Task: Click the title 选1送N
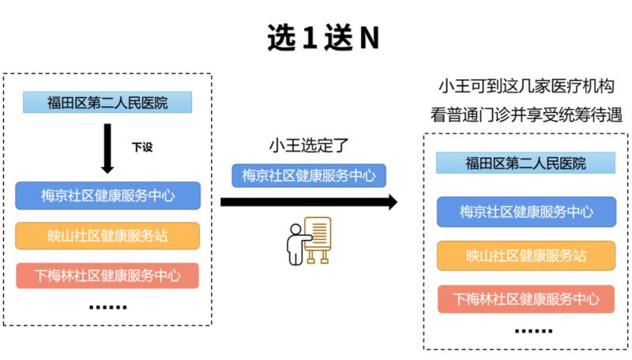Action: [x=323, y=37]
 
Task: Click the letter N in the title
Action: [x=369, y=38]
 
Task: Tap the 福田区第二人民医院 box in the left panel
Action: [x=107, y=103]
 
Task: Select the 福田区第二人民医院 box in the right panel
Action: [x=525, y=163]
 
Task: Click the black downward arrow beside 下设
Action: [x=107, y=148]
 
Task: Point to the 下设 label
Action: [x=142, y=147]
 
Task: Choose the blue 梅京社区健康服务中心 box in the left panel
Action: [x=107, y=196]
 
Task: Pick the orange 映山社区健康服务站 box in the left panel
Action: [x=107, y=235]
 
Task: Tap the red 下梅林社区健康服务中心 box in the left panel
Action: [x=107, y=276]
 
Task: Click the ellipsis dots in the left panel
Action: [x=107, y=307]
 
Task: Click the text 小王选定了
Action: [x=308, y=145]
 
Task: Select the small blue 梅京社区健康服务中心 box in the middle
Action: [x=309, y=175]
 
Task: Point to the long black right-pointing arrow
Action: [x=309, y=202]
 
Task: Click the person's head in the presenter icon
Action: [x=295, y=229]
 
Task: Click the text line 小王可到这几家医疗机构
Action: [x=526, y=86]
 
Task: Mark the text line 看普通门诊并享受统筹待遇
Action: [x=526, y=114]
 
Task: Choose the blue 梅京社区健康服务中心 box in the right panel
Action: [x=526, y=212]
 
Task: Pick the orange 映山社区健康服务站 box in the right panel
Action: [x=526, y=255]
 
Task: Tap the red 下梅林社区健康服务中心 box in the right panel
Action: [x=526, y=298]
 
